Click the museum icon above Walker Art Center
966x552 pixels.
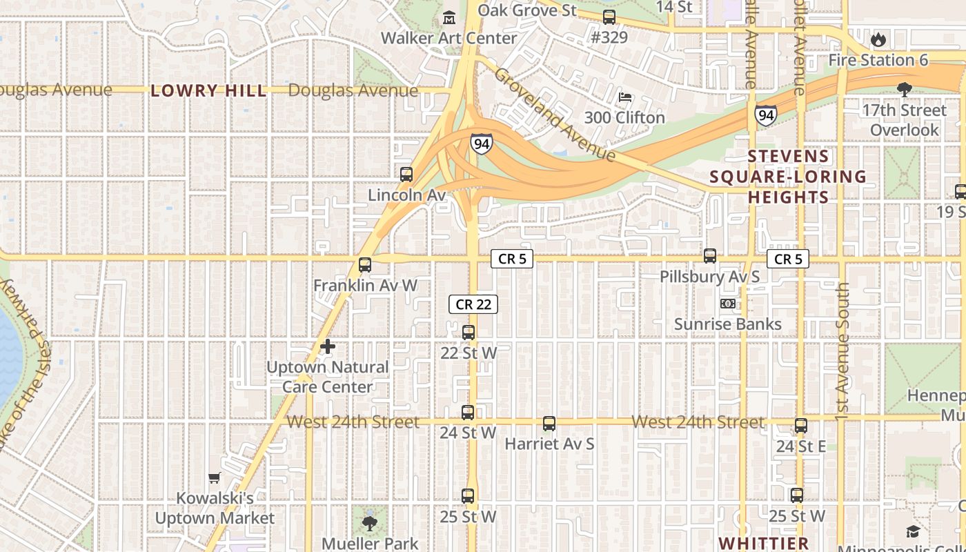449,17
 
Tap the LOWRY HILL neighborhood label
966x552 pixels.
208,90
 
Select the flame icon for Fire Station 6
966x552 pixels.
878,39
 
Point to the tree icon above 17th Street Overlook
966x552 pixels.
904,89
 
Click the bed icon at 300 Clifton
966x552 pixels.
625,97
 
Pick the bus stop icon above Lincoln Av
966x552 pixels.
406,175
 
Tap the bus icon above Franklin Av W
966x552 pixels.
364,264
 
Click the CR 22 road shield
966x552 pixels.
473,304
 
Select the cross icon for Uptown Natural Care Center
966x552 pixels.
328,346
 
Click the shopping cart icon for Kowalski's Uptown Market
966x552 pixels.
215,477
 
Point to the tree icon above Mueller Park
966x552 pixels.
370,523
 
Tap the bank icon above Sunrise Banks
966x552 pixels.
727,304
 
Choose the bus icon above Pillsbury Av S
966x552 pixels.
710,256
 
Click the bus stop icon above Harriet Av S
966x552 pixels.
549,423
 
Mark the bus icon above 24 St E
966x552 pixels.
800,426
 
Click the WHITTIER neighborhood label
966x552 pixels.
763,543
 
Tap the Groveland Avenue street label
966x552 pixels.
554,115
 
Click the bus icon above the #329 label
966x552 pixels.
609,17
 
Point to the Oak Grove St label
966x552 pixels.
527,10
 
